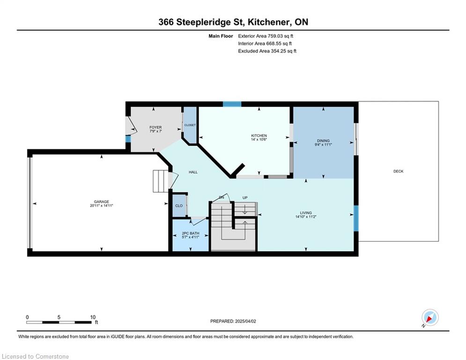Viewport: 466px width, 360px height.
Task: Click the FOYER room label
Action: (155, 127)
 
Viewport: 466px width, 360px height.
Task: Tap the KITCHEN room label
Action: (259, 135)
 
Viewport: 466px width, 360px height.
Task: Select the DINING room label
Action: (323, 141)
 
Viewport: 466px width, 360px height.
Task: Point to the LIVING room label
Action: (305, 213)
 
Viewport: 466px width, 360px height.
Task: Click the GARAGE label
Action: (101, 202)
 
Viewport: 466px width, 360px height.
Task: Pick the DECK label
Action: (398, 172)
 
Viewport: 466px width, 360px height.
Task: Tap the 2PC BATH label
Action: (191, 233)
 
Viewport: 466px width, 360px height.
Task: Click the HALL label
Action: (193, 172)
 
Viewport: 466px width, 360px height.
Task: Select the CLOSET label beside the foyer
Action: (190, 125)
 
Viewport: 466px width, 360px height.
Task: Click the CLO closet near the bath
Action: (179, 206)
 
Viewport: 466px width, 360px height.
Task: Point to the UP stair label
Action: (245, 197)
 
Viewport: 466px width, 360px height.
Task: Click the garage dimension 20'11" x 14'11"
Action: (101, 206)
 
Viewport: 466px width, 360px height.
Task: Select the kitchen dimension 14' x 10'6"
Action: (259, 139)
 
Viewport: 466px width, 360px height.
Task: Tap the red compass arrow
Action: (429, 319)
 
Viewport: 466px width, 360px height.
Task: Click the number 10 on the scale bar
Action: (93, 317)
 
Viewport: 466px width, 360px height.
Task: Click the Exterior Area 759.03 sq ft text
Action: (266, 36)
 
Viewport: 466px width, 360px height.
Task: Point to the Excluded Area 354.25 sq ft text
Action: (267, 51)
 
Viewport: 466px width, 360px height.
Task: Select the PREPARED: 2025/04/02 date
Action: (233, 321)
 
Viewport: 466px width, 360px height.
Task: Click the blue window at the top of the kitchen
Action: (232, 104)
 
